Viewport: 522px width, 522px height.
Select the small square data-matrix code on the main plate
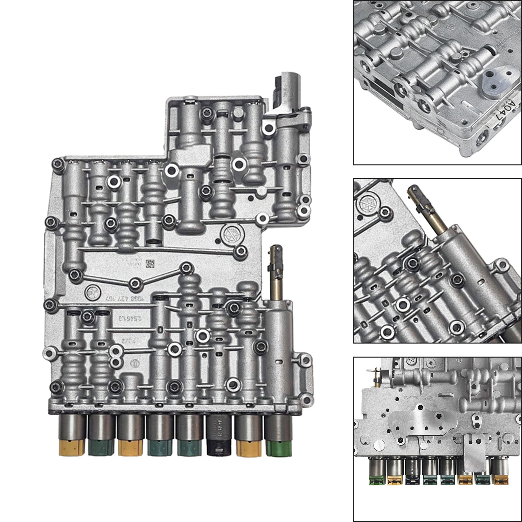tap(150, 263)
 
